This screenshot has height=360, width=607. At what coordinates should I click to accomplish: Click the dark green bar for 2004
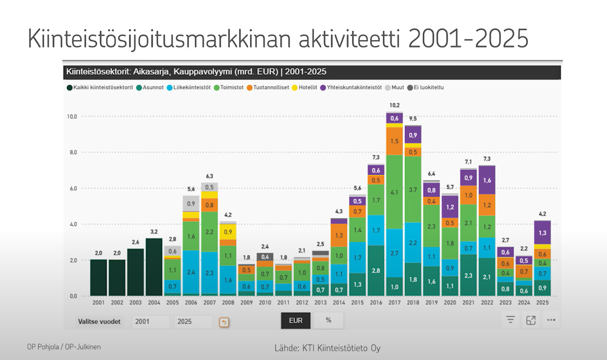[154, 267]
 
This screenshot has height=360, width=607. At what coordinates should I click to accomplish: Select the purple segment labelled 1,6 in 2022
[487, 180]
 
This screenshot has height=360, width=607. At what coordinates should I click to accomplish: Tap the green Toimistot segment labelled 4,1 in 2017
[395, 192]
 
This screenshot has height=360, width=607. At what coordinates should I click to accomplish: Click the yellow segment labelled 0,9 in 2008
[228, 232]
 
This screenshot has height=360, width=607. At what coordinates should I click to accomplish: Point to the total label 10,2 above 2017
[395, 105]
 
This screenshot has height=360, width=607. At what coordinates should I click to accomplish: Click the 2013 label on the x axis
[321, 302]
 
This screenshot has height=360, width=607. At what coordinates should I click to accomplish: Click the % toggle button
[329, 320]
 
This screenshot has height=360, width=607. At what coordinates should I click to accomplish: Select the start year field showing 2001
[151, 322]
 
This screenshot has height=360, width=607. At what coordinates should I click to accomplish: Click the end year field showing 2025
[193, 322]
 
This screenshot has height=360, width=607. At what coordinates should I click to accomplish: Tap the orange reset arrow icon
[224, 322]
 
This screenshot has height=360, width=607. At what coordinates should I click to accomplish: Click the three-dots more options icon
[551, 320]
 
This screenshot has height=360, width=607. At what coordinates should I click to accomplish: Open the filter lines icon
[511, 320]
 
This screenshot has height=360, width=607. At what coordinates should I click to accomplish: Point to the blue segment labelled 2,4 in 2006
[191, 272]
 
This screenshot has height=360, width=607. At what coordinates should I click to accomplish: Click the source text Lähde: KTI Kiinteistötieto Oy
[327, 348]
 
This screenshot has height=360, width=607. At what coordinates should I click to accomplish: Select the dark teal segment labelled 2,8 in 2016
[376, 270]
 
